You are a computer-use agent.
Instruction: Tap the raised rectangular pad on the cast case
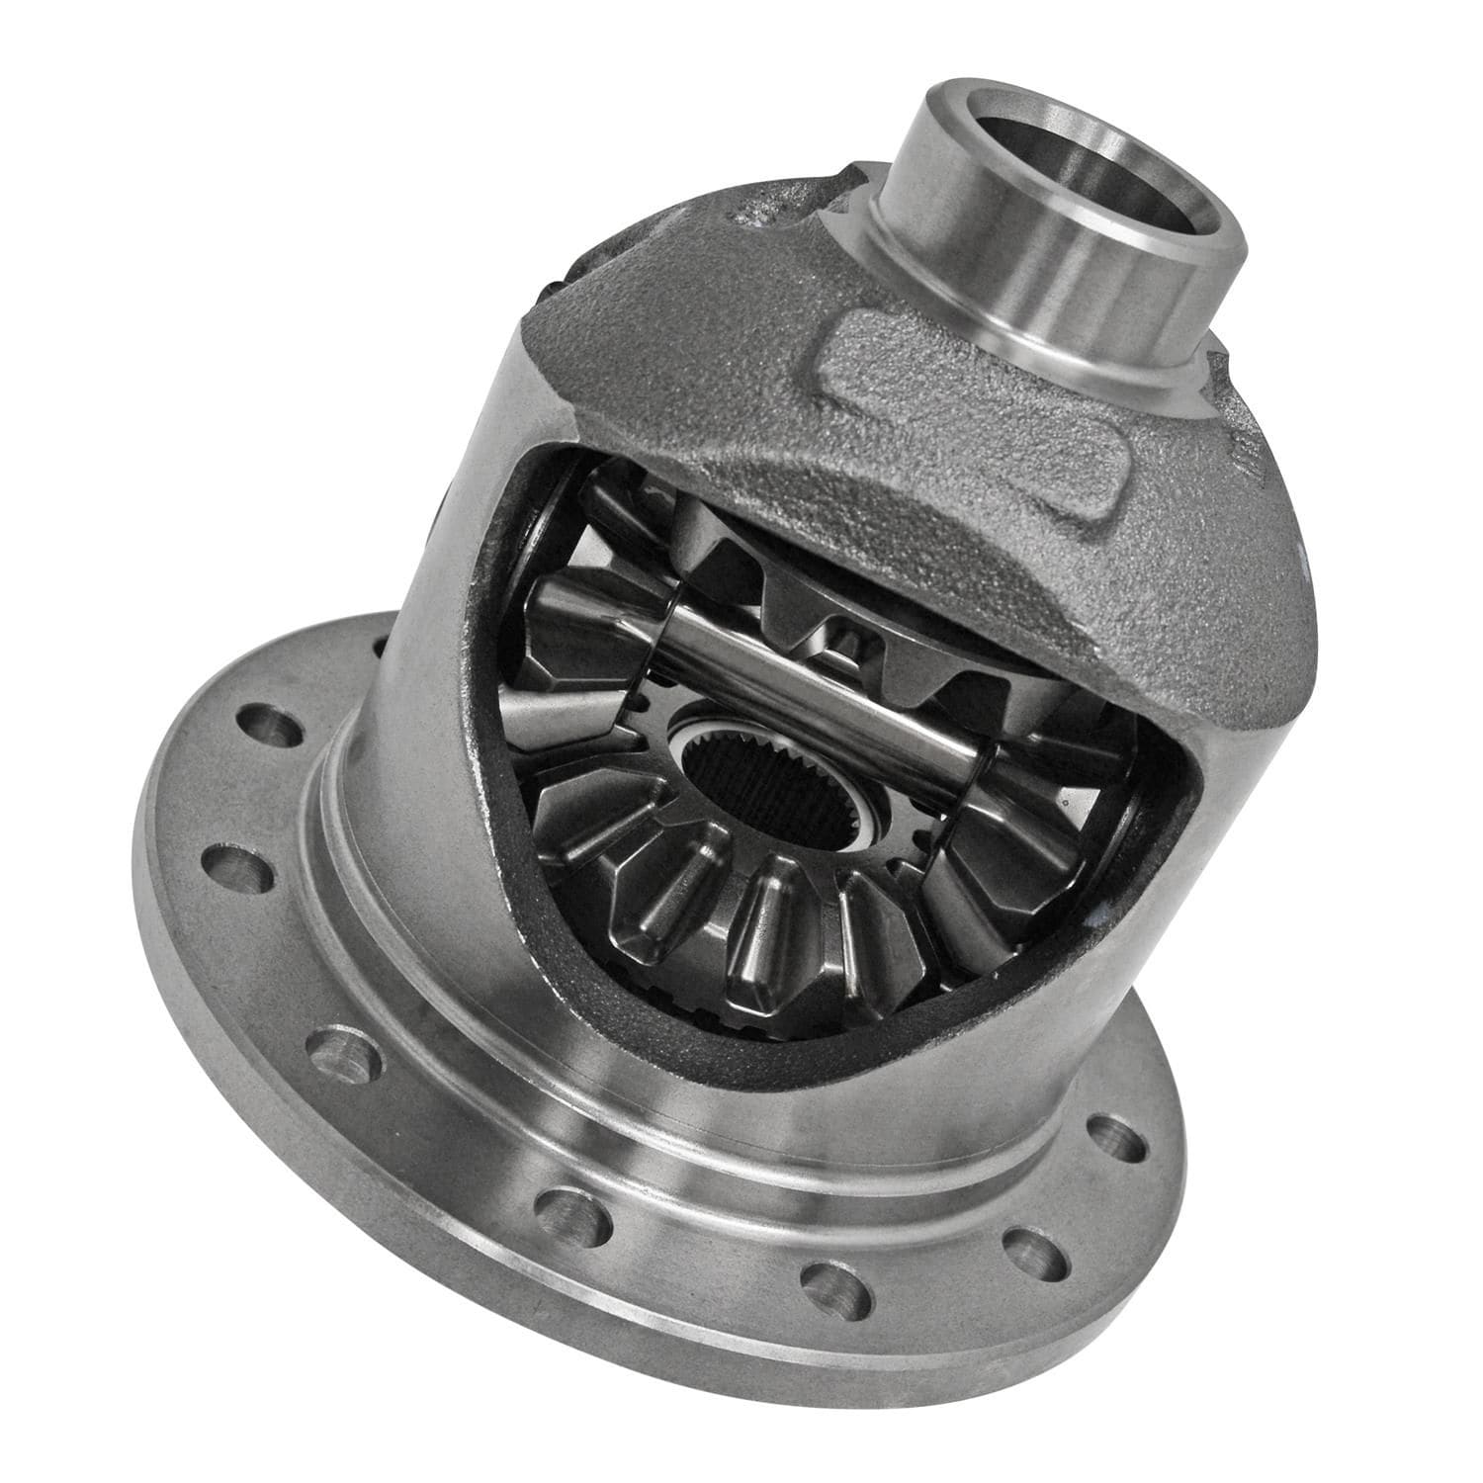click(x=979, y=415)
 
